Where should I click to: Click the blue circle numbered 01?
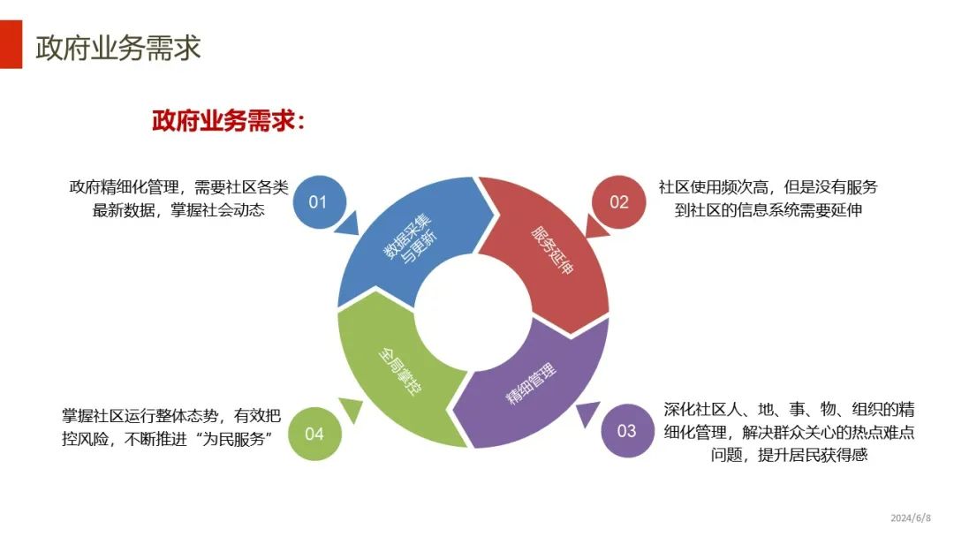point(317,202)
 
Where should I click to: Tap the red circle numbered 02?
point(619,202)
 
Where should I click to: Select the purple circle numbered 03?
point(626,431)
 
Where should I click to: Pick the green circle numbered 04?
point(314,434)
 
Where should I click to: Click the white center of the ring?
point(473,314)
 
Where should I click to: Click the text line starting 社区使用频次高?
point(768,187)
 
